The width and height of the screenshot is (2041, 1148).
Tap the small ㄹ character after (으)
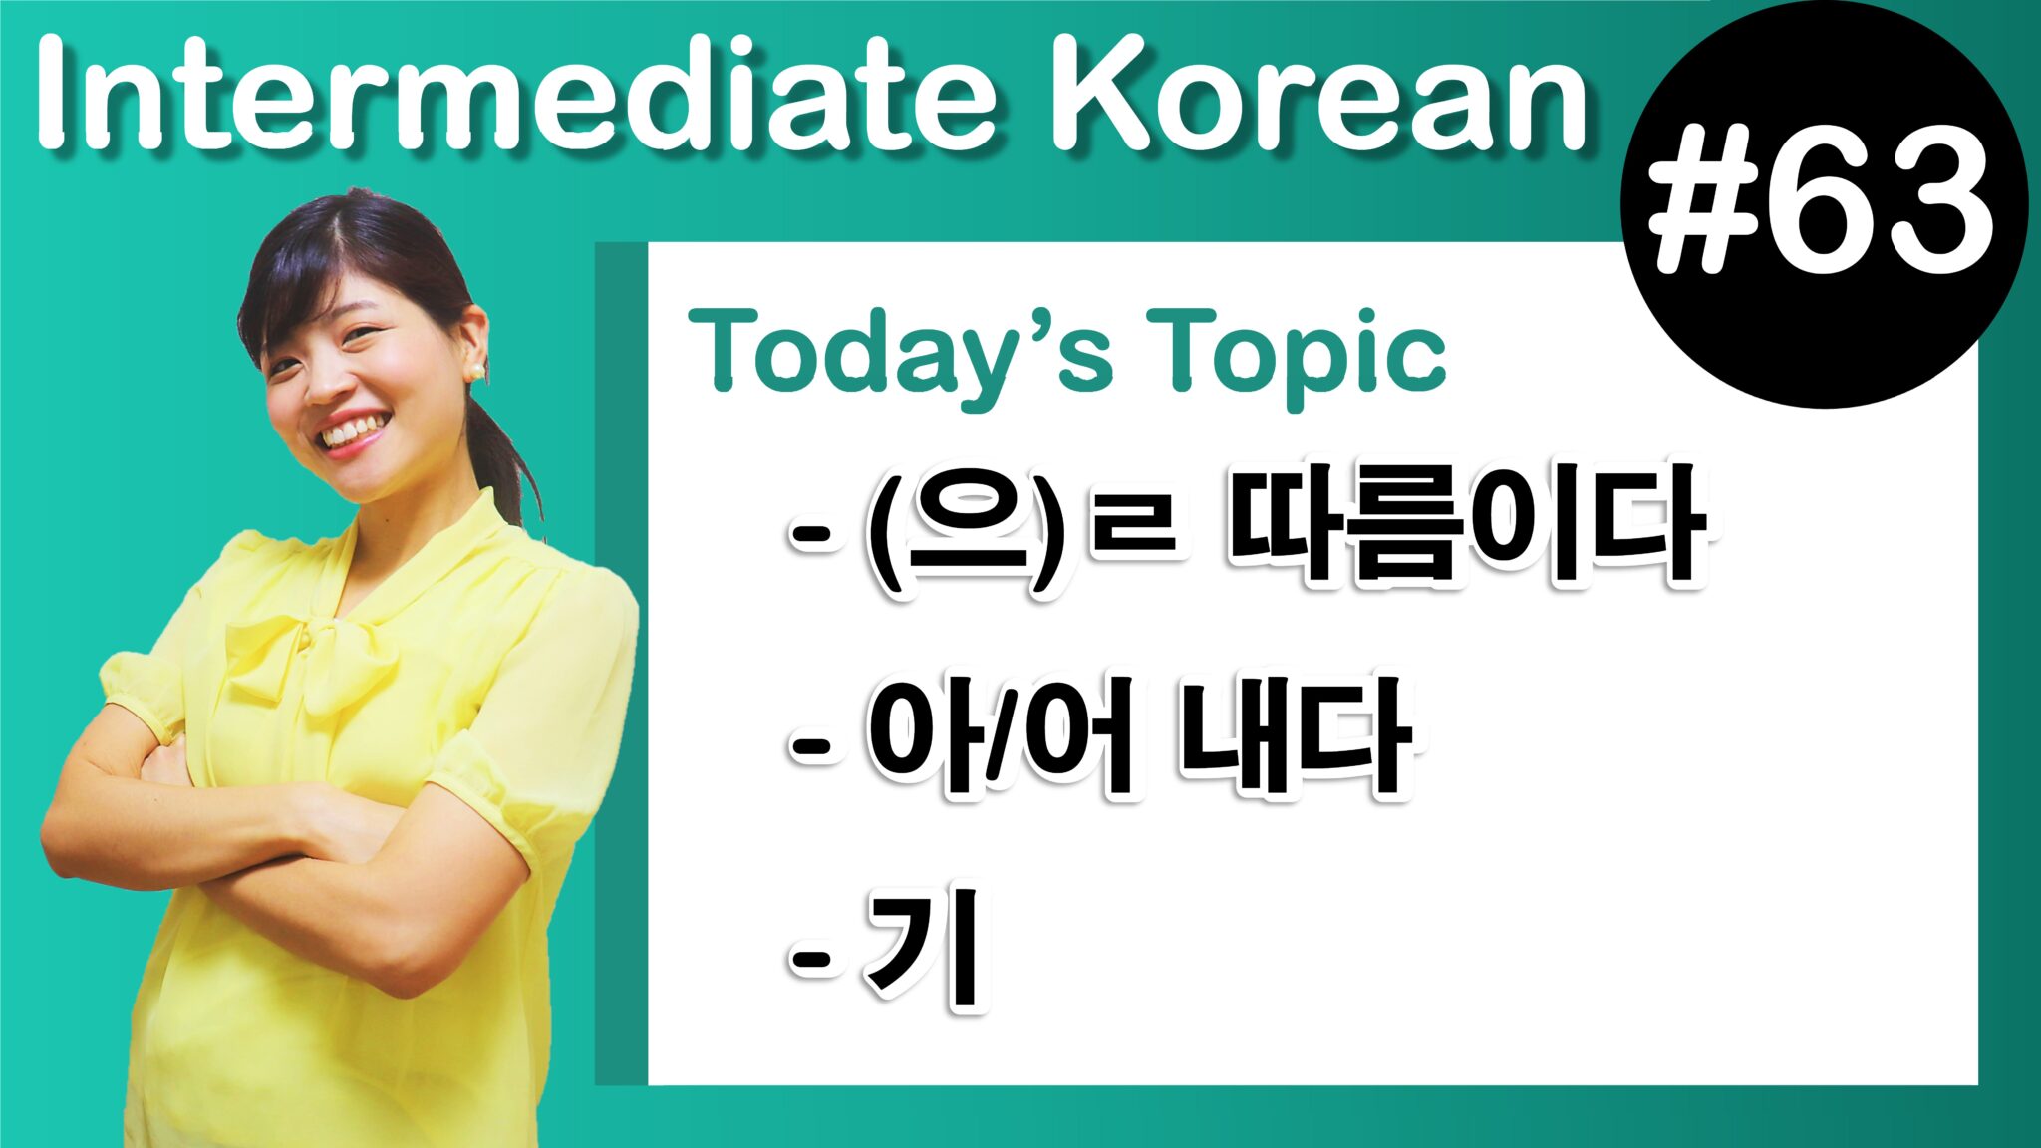click(1136, 528)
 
